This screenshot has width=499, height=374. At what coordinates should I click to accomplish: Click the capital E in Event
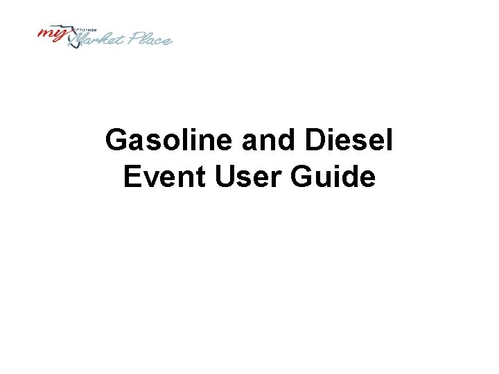tap(131, 177)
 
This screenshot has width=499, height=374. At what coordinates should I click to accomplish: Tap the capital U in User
tap(225, 177)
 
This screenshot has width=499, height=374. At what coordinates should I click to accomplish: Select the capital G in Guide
tap(304, 177)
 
